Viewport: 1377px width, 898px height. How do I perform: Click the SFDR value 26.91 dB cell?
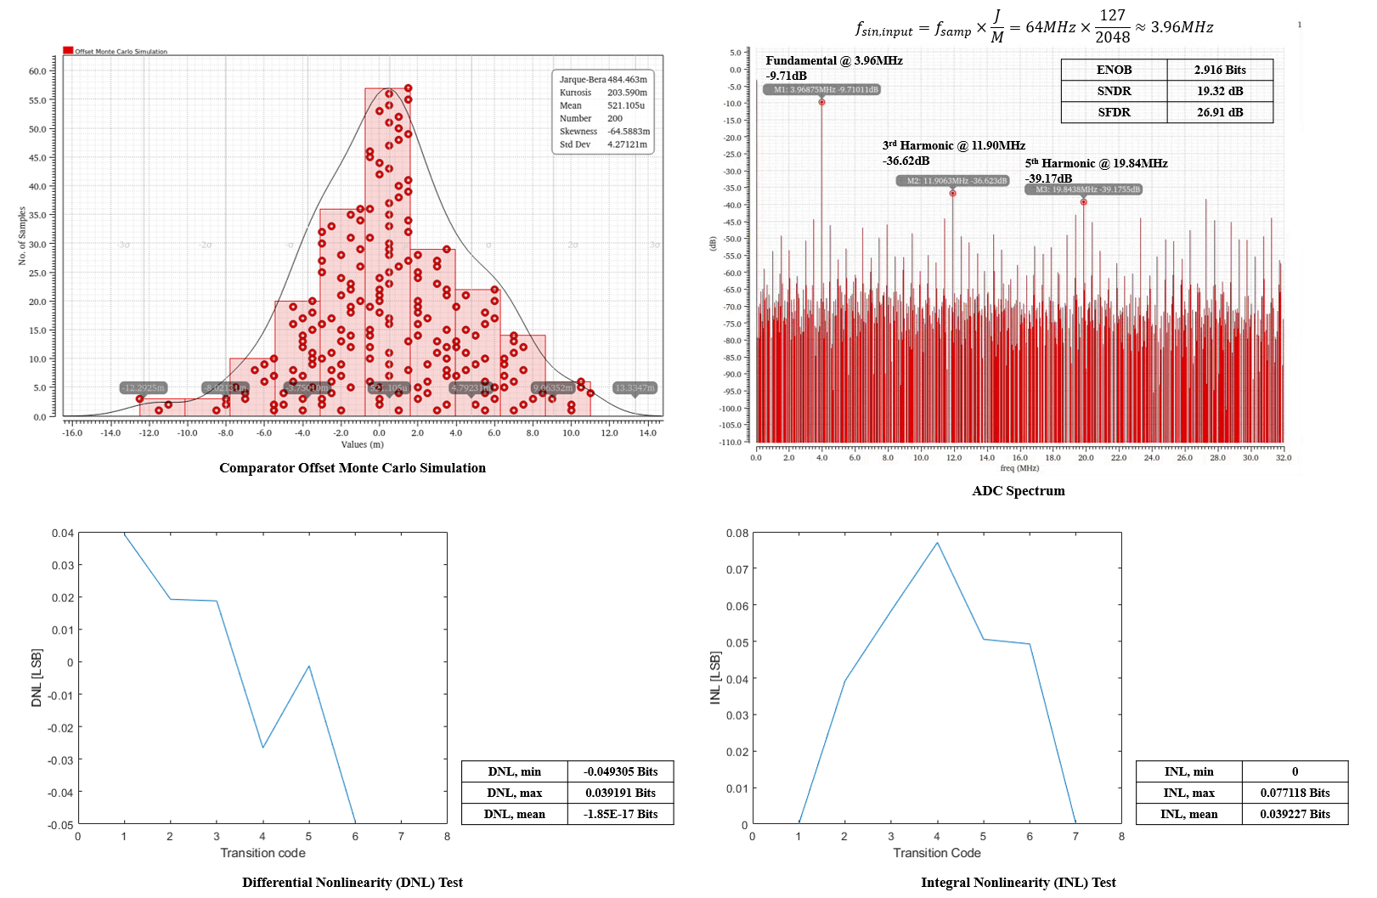[1220, 112]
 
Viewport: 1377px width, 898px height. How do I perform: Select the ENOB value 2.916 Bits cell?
[1220, 70]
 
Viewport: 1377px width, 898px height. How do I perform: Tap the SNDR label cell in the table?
[1114, 91]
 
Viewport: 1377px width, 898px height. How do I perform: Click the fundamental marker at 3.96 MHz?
[821, 102]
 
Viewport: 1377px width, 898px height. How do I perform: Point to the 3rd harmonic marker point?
[952, 194]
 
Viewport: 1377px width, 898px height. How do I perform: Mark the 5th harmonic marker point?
[1083, 202]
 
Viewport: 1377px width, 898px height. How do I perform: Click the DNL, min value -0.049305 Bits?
[620, 771]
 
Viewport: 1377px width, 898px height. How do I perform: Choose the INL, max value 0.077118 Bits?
[1295, 793]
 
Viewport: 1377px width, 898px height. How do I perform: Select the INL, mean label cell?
[1188, 814]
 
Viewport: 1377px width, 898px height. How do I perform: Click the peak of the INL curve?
[937, 543]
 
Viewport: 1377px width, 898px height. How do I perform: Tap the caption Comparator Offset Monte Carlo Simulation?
[353, 468]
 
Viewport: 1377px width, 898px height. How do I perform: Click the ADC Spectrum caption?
[1018, 491]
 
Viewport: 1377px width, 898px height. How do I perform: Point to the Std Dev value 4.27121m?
[627, 144]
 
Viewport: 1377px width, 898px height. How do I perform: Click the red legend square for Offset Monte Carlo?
[68, 51]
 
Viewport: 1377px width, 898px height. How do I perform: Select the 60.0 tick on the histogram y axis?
[37, 71]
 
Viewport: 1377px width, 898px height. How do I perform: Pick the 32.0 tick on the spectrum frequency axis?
[1283, 458]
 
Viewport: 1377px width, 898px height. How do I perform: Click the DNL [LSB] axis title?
[37, 678]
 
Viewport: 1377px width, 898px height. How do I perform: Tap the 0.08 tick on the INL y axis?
[736, 534]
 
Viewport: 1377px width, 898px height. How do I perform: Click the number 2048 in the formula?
[1112, 37]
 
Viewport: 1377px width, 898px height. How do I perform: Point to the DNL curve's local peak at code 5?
[309, 666]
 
